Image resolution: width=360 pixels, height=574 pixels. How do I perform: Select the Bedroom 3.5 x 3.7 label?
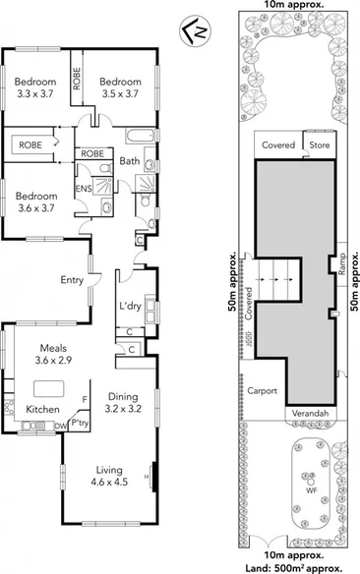click(120, 86)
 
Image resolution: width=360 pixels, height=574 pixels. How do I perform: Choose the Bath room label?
click(130, 160)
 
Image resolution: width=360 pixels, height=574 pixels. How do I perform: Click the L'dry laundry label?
click(129, 308)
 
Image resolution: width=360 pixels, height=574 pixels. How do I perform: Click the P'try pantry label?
click(81, 422)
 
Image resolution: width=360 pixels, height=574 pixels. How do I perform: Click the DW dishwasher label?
click(61, 426)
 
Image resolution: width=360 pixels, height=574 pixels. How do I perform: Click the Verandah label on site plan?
click(310, 414)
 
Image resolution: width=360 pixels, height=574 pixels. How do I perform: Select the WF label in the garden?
click(312, 488)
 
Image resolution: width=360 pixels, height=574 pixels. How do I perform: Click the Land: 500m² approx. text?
click(296, 567)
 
